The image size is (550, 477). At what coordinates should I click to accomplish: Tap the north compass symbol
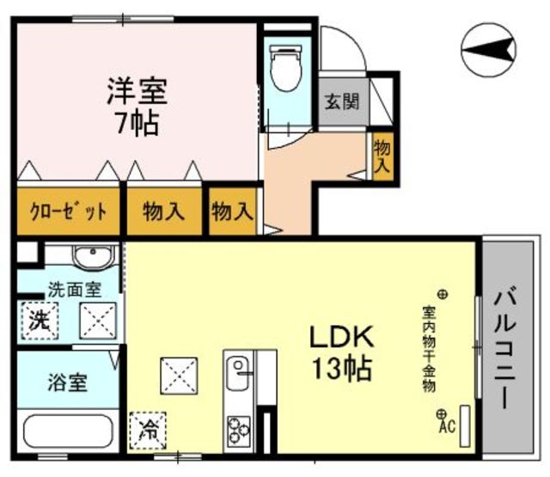[x=489, y=50]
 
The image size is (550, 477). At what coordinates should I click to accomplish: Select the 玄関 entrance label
[x=342, y=101]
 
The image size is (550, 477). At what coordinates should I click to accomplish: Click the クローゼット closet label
[x=69, y=211]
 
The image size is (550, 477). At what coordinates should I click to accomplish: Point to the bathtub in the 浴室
[x=68, y=431]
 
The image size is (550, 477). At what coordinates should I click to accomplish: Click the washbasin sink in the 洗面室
[x=93, y=257]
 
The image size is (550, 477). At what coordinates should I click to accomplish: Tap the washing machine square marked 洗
[x=40, y=321]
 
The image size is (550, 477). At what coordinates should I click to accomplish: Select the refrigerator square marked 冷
[x=148, y=431]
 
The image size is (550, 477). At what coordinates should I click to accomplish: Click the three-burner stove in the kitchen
[x=239, y=431]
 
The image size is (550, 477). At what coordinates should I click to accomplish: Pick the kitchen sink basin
[x=238, y=373]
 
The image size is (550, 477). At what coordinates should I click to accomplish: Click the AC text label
[x=447, y=426]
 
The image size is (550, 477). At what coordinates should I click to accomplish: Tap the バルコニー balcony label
[x=504, y=347]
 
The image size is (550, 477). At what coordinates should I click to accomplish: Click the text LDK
[x=340, y=336]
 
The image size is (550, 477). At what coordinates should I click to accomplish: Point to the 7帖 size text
[x=137, y=124]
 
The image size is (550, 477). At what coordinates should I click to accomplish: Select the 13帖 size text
[x=341, y=368]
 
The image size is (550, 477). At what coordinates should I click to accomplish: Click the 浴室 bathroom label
[x=67, y=382]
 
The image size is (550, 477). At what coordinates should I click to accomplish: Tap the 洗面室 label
[x=75, y=290]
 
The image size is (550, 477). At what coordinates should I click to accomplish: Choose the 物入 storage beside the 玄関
[x=382, y=156]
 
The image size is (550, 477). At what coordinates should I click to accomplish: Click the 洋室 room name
[x=137, y=91]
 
